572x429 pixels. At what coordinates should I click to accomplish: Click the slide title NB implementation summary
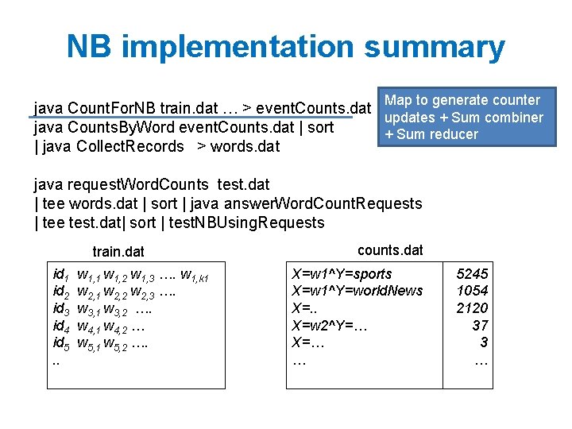(x=286, y=47)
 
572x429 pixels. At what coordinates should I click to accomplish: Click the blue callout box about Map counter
(x=464, y=117)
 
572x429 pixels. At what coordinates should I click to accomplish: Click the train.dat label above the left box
(x=118, y=251)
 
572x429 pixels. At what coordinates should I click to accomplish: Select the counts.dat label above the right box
(x=390, y=249)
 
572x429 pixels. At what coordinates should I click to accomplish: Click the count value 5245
(x=472, y=274)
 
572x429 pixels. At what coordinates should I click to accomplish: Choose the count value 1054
(x=472, y=291)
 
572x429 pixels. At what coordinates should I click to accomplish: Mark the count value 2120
(x=472, y=308)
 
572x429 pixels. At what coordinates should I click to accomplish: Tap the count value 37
(x=479, y=326)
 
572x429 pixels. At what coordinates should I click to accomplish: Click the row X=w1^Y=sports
(x=342, y=274)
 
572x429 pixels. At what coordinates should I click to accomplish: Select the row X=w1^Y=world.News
(x=357, y=291)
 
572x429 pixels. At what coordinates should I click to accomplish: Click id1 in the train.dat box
(x=60, y=275)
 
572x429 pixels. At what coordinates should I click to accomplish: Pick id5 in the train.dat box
(x=60, y=344)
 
